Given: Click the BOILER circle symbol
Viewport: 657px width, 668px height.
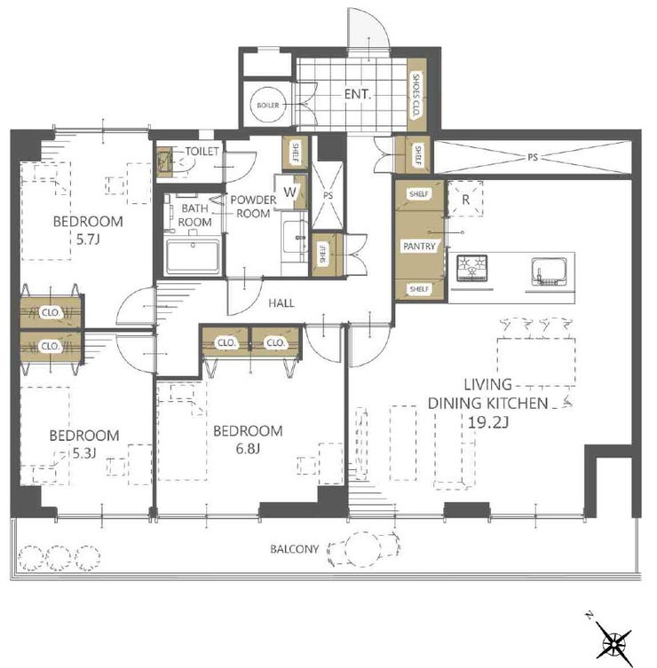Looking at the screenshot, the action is point(268,105).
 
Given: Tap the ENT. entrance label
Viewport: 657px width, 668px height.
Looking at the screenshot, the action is point(357,95).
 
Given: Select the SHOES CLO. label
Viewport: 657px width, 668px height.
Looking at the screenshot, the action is point(416,95).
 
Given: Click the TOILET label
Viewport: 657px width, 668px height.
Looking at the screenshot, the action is point(202,151).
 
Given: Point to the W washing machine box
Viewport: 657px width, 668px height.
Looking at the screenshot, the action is point(289,192).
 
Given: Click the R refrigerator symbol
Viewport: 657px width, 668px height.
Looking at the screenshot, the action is point(465,199).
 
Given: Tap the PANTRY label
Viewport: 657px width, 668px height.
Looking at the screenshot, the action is point(419,247).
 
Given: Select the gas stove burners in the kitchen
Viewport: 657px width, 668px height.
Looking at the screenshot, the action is point(472,268).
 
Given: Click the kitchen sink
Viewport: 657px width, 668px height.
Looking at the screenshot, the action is point(550,271).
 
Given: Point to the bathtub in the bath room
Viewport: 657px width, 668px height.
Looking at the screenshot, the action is point(193,256).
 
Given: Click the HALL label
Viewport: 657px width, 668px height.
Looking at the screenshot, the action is point(281,303).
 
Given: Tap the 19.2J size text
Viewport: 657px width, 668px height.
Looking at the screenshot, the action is point(488,422).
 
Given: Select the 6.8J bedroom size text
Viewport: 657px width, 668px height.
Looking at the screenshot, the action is point(248,449).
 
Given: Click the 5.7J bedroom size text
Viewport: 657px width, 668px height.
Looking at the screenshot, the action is point(88,240).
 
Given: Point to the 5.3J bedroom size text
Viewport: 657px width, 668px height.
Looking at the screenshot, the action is point(84,453).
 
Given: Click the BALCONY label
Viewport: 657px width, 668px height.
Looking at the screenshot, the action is point(295,549).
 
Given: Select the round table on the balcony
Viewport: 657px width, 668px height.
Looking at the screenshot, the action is point(363,549).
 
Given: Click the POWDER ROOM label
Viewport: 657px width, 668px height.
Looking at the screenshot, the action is point(253,207).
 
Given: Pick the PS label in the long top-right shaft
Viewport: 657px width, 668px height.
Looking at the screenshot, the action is point(533,157).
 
